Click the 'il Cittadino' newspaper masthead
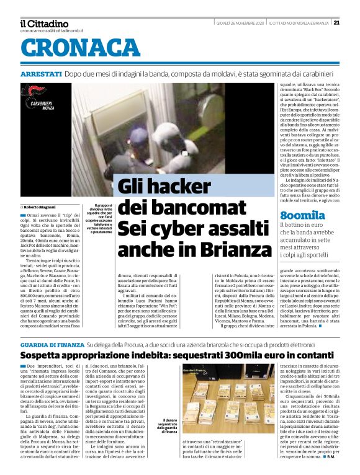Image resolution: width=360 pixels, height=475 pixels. coord(44,23)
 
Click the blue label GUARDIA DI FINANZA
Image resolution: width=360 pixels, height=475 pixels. coord(52,344)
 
